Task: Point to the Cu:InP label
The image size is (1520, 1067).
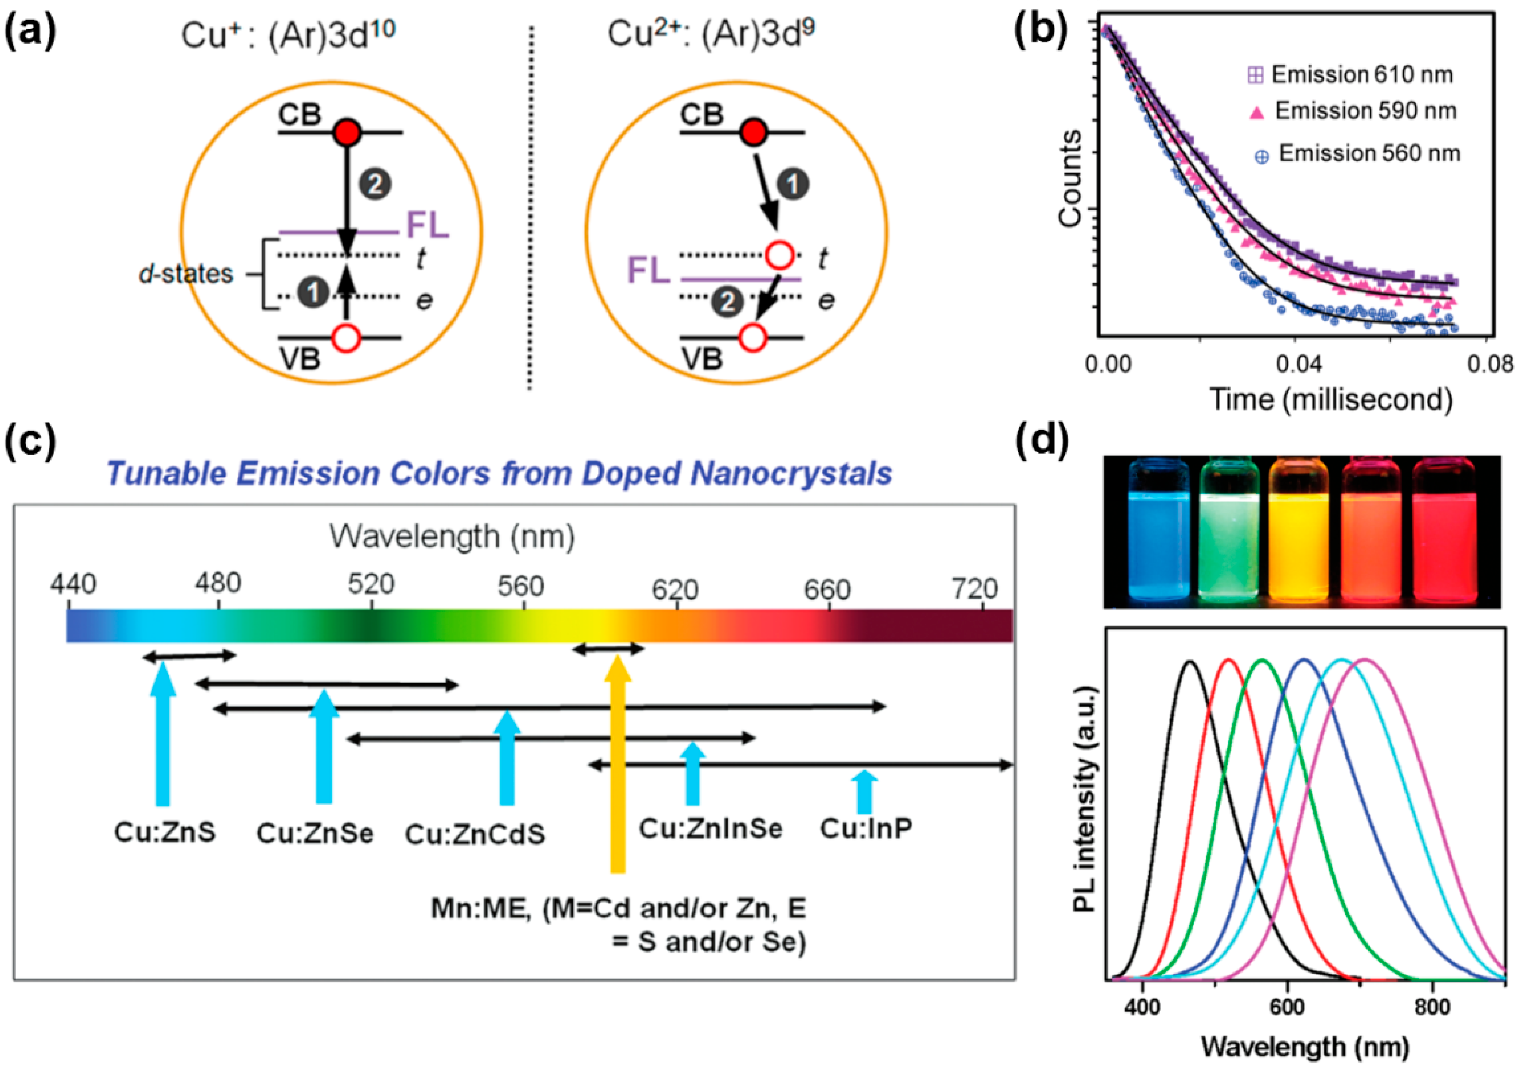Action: (866, 828)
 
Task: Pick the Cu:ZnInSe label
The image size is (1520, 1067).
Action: (710, 828)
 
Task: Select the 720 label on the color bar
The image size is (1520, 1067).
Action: (974, 588)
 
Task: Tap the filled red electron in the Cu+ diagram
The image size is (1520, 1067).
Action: (347, 133)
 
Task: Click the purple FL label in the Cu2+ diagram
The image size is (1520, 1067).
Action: (647, 270)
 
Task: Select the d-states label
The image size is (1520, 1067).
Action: (186, 274)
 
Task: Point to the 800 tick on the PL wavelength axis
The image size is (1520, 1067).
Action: (1432, 1007)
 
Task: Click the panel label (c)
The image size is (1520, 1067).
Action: (30, 442)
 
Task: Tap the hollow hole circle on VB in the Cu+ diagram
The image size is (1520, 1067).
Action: (346, 338)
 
